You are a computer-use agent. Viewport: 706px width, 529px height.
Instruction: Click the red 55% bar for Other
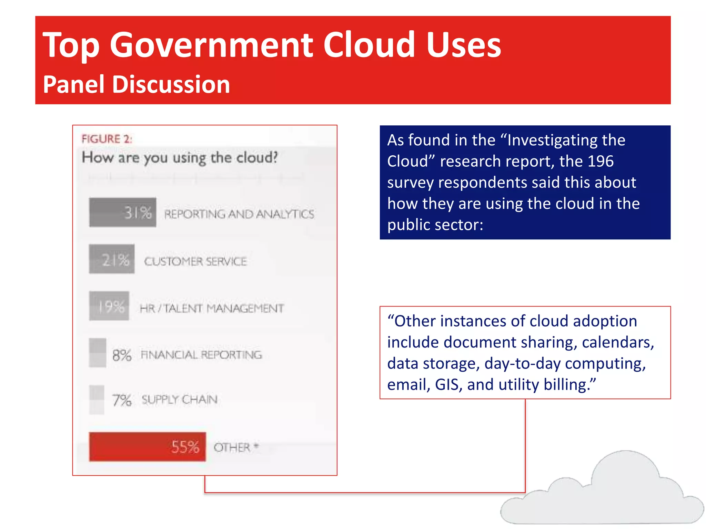click(x=147, y=446)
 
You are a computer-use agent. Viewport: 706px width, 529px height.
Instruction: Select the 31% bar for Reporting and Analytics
click(x=122, y=212)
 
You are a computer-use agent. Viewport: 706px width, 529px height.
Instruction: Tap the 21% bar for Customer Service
click(x=112, y=259)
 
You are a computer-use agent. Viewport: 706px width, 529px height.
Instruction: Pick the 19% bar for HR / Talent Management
click(x=109, y=306)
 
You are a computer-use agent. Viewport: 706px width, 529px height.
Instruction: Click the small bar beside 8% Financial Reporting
click(x=98, y=353)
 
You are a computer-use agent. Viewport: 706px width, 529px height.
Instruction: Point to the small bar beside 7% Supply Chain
click(x=97, y=400)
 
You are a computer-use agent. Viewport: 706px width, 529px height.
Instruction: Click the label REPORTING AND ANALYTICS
click(x=239, y=214)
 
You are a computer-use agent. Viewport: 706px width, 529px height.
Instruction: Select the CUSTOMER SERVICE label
click(x=195, y=261)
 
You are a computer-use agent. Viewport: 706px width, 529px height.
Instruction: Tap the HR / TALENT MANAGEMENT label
click(x=212, y=308)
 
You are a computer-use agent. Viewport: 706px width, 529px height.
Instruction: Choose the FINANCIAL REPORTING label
click(x=201, y=354)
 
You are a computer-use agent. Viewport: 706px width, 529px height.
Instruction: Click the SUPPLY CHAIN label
click(x=180, y=400)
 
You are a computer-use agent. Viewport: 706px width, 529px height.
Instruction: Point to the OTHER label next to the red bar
click(x=232, y=447)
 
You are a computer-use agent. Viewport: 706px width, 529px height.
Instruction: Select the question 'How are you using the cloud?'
click(x=180, y=158)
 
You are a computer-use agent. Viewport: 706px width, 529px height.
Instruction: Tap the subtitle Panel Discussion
click(x=137, y=84)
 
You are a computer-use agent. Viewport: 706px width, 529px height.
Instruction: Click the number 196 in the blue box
click(x=601, y=161)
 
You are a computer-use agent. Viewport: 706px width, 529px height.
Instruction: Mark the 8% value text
click(x=122, y=355)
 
